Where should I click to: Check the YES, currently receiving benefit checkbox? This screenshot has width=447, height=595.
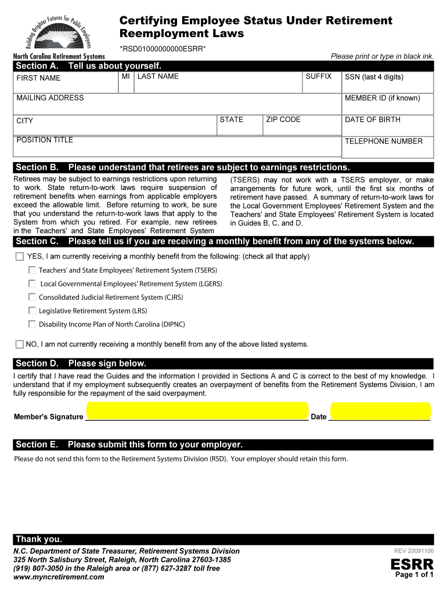pyautogui.click(x=20, y=256)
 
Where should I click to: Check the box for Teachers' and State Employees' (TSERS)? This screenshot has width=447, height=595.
pyautogui.click(x=33, y=270)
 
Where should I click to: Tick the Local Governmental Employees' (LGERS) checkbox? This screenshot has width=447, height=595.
pyautogui.click(x=33, y=284)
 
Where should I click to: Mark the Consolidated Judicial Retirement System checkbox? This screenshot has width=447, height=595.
pyautogui.click(x=33, y=297)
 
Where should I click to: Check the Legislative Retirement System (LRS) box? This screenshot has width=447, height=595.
pyautogui.click(x=33, y=311)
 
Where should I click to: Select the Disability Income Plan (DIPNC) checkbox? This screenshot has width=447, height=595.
pyautogui.click(x=33, y=324)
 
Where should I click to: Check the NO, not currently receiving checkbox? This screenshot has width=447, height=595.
pyautogui.click(x=20, y=345)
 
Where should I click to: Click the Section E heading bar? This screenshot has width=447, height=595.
pyautogui.click(x=223, y=445)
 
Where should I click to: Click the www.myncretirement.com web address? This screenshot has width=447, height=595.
pyautogui.click(x=59, y=577)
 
